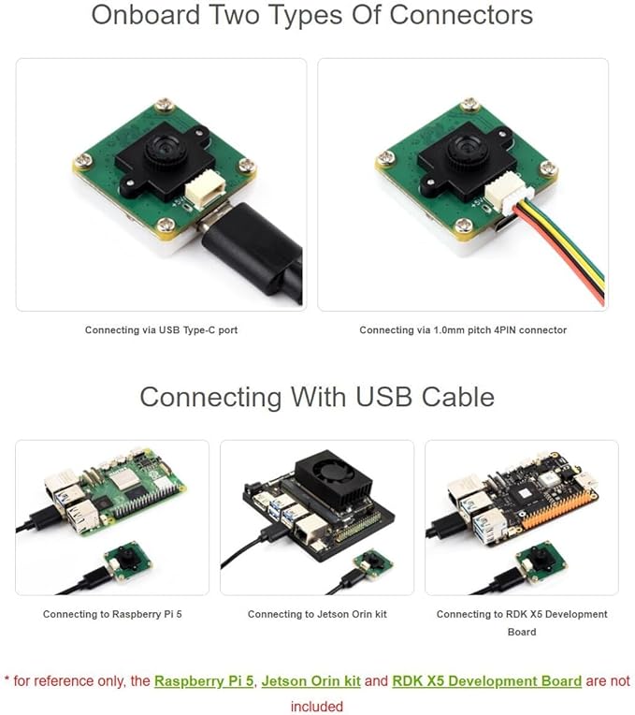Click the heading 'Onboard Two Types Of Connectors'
click(x=312, y=15)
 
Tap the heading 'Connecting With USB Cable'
click(x=317, y=397)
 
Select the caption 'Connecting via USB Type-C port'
click(x=161, y=330)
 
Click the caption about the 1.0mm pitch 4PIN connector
click(x=463, y=330)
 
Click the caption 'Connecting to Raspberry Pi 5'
click(x=112, y=614)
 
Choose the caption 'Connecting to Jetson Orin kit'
click(x=317, y=614)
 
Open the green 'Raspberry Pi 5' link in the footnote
click(x=204, y=681)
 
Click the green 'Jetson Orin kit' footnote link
click(x=311, y=681)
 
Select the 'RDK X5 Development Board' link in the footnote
click(x=487, y=681)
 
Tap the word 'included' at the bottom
click(x=317, y=707)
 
